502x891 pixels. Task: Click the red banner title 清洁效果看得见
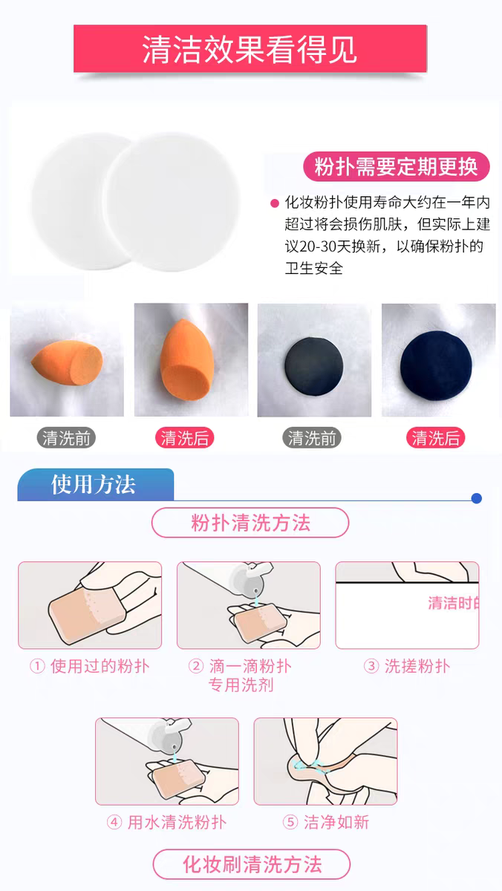coord(250,49)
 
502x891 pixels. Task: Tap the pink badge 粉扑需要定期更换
coord(397,166)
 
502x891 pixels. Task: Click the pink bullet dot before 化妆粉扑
coord(275,203)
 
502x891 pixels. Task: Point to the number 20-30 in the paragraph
coord(317,247)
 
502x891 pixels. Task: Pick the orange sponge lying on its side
coord(67,361)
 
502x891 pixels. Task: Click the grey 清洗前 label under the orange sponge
coord(66,438)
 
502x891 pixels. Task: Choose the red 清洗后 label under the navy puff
coord(436,438)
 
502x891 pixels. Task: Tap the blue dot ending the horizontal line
coord(476,498)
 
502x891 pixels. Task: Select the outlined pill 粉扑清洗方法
coord(250,523)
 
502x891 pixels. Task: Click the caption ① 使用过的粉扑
coord(90,666)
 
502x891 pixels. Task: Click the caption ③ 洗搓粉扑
coord(407,666)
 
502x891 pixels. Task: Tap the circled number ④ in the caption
coord(114,822)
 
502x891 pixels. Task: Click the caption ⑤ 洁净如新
coord(326,822)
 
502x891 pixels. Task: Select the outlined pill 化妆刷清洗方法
coord(252,864)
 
